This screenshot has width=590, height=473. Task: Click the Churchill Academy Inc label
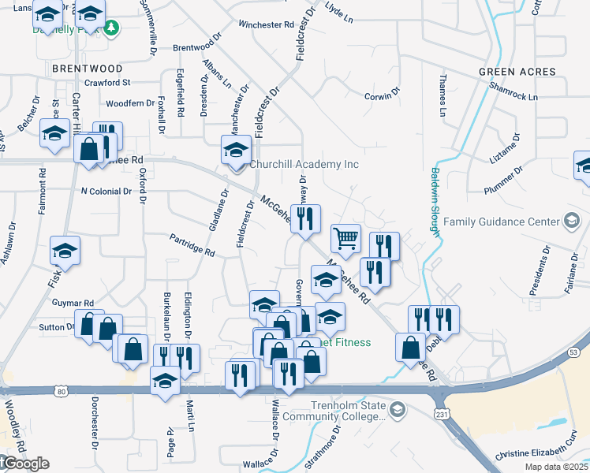304,165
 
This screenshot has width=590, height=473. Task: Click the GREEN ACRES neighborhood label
517,72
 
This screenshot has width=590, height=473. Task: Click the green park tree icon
112,28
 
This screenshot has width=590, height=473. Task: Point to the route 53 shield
573,350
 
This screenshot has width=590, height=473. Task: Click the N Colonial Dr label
106,192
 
